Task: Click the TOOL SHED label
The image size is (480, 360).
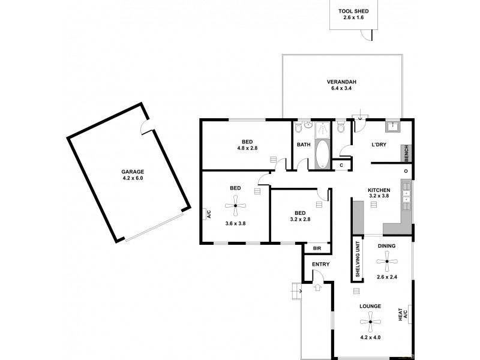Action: pos(353,11)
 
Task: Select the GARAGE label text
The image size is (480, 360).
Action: pos(133,171)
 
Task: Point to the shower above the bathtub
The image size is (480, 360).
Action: pos(322,128)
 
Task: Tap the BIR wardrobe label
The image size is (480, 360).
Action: pos(317,248)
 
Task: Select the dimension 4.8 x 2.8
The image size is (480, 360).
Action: pos(247,148)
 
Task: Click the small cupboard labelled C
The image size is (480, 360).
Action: pos(341,164)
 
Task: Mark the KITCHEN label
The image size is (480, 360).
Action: pos(379,191)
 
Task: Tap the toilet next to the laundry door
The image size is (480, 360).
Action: pos(341,127)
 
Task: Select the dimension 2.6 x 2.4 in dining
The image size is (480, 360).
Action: pos(387,277)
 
